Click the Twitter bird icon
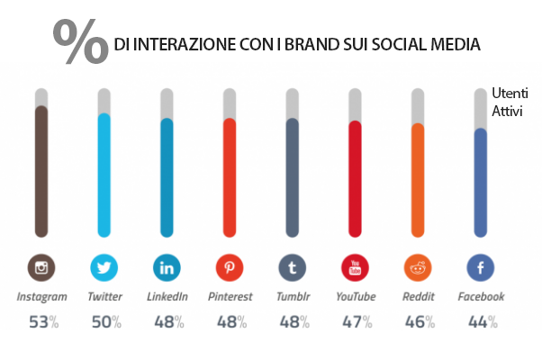[104, 267]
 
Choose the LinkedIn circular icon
[167, 267]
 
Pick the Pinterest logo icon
[230, 267]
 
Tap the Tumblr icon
[292, 267]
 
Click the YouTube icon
[355, 267]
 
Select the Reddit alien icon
[417, 267]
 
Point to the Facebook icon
[480, 267]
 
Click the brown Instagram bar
[41, 171]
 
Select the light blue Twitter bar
[104, 175]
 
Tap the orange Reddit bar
[417, 180]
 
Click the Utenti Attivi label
[507, 101]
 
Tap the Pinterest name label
[230, 296]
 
